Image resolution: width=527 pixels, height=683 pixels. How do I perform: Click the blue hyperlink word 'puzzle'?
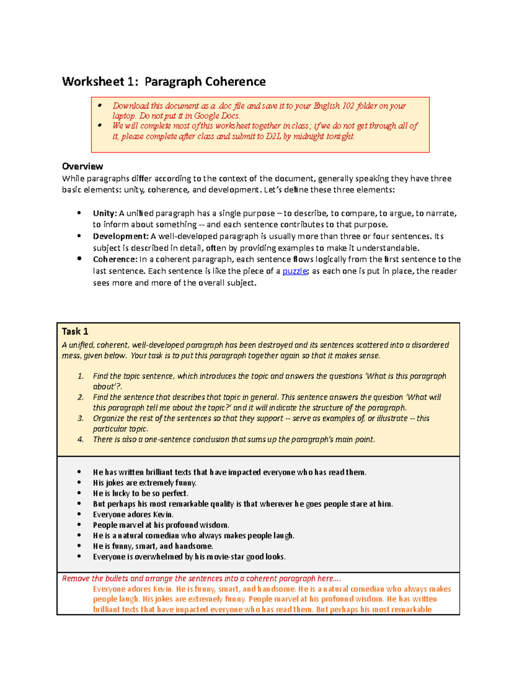pos(295,271)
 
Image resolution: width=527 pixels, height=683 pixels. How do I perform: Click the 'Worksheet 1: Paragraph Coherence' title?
pos(164,82)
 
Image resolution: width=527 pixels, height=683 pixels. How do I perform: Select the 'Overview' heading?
pos(83,166)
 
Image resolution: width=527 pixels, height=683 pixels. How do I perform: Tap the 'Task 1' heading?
pos(75,332)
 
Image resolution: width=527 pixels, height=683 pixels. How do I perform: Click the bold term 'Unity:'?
pos(105,213)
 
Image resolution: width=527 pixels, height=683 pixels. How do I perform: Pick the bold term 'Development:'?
pos(121,237)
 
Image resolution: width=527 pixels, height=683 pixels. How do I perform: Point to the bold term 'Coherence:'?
pos(115,259)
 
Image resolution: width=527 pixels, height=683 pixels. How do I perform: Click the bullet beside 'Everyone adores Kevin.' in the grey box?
pos(79,514)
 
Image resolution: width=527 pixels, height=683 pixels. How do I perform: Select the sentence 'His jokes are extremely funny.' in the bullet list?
pos(144,483)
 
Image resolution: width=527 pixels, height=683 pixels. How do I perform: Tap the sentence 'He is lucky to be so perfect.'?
pos(141,493)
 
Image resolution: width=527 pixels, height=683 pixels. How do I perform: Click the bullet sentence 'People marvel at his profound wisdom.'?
pos(161,525)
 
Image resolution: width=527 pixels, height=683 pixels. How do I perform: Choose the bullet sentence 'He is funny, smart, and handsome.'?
pos(153,546)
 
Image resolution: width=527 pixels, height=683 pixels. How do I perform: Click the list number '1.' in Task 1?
pos(81,376)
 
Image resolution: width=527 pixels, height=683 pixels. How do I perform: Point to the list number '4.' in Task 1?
pos(81,439)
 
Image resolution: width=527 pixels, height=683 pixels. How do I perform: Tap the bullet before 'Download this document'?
pos(100,106)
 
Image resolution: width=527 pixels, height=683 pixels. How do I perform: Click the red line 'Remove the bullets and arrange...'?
pos(202,579)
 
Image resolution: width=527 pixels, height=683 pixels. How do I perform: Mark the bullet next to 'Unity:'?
pos(79,213)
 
